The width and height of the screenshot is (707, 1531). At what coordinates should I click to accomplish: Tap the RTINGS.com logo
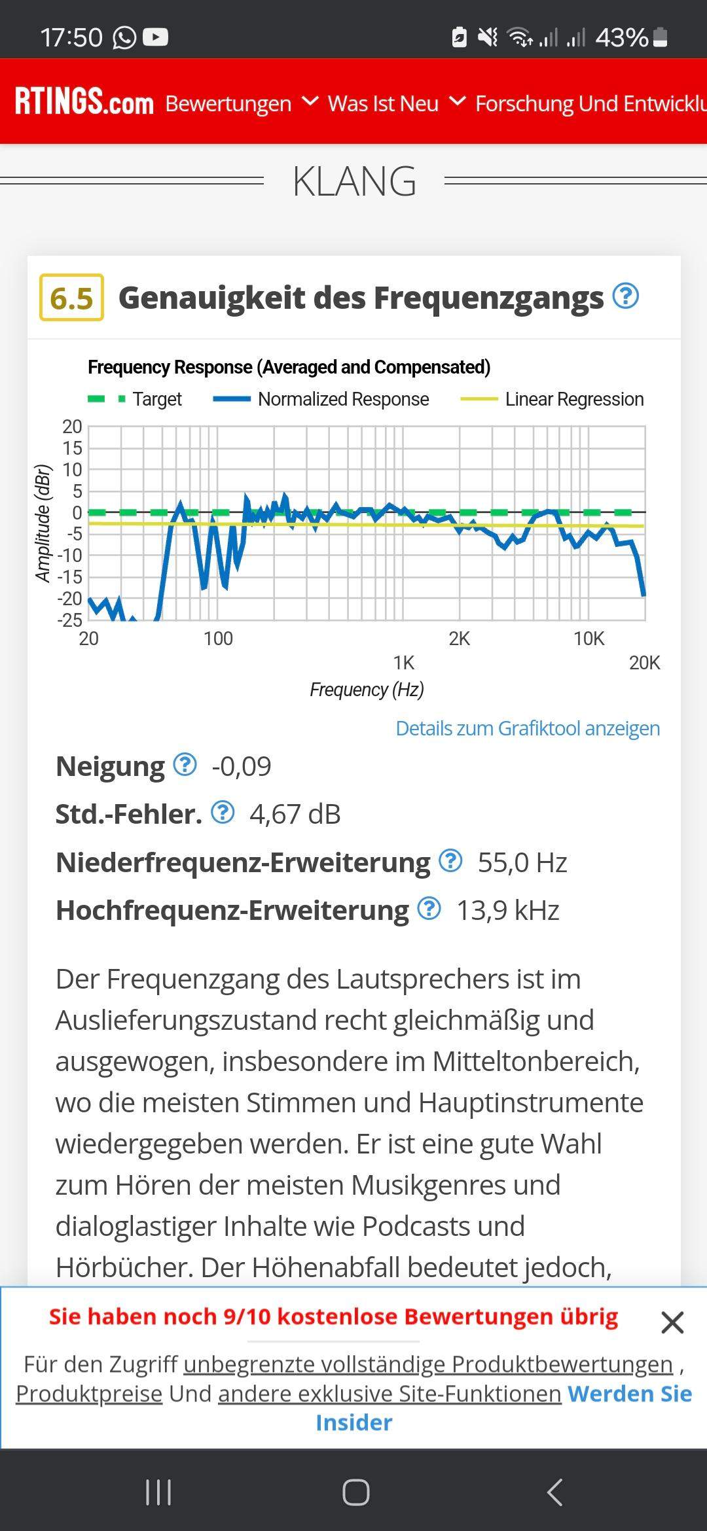click(x=84, y=102)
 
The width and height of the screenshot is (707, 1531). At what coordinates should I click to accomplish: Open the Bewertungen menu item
click(x=228, y=103)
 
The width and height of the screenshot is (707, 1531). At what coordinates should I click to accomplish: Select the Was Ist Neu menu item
click(x=383, y=103)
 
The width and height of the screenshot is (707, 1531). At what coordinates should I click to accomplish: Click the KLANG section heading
click(x=354, y=181)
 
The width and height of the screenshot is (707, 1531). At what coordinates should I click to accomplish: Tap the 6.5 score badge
click(x=71, y=298)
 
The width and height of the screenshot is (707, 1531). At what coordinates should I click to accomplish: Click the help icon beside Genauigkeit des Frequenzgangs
click(x=625, y=296)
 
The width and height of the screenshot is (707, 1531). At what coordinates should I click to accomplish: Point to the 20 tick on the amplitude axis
click(x=72, y=427)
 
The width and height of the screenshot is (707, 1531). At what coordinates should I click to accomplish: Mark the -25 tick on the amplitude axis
click(x=69, y=620)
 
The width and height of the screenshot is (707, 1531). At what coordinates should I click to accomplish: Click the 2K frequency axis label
click(x=459, y=639)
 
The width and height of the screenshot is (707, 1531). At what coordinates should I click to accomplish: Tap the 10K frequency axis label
click(x=589, y=639)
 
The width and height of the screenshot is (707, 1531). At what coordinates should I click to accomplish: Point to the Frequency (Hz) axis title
click(x=367, y=690)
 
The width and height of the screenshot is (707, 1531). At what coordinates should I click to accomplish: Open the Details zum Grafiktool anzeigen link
click(x=528, y=728)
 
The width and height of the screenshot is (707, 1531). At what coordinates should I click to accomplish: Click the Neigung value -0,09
click(x=241, y=766)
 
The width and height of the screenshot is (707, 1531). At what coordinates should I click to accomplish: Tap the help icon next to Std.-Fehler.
click(x=223, y=813)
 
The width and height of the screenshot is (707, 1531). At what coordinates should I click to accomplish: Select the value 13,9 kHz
click(x=507, y=910)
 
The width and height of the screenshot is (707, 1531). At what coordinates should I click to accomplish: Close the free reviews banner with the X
click(x=672, y=1322)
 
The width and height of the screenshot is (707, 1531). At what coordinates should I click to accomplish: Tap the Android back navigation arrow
click(x=554, y=1492)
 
